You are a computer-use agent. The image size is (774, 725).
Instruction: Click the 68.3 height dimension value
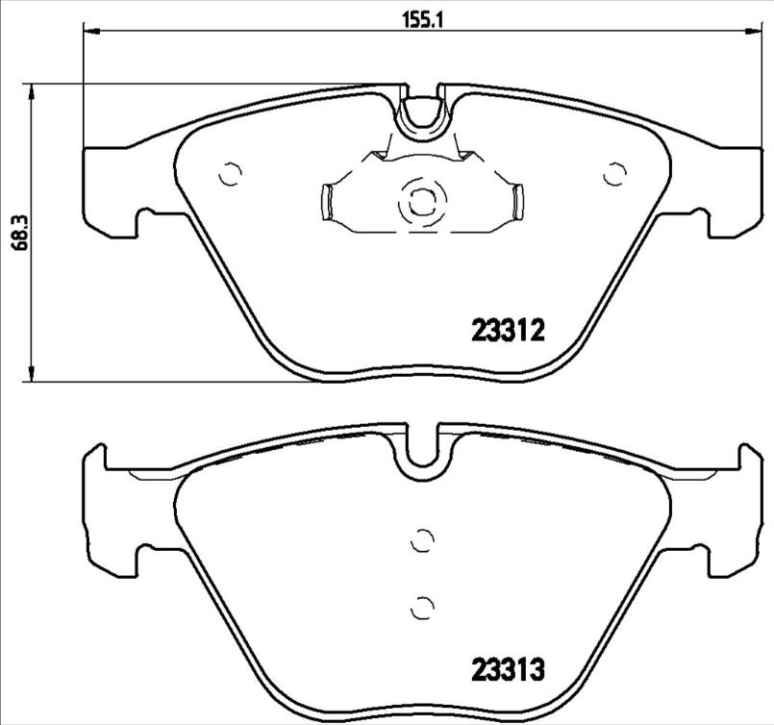tap(21, 233)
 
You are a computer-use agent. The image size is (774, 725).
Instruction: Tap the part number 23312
tap(509, 331)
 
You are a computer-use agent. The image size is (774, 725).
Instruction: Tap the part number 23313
tap(509, 670)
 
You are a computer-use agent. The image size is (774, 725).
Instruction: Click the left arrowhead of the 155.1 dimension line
tap(92, 31)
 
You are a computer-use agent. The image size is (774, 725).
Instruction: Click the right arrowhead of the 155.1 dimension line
tap(755, 31)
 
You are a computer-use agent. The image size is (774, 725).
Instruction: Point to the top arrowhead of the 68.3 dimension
tap(32, 91)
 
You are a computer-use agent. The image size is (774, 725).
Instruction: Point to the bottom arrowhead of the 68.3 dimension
tap(32, 373)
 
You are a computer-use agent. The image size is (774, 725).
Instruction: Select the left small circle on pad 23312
tap(230, 174)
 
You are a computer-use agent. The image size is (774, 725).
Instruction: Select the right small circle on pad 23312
tap(615, 174)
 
